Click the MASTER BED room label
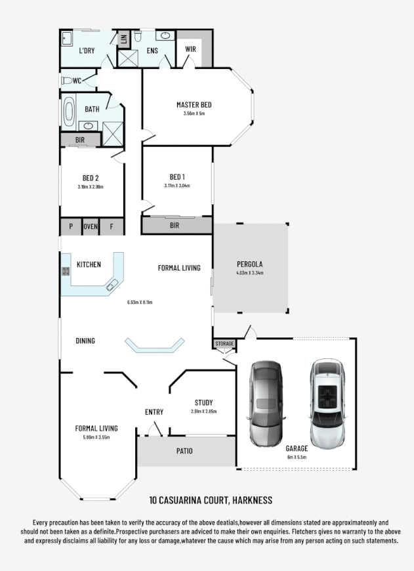pyautogui.click(x=194, y=105)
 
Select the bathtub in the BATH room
pyautogui.click(x=69, y=112)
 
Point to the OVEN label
pyautogui.click(x=90, y=226)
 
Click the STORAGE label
pyautogui.click(x=224, y=344)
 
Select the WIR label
pyautogui.click(x=191, y=50)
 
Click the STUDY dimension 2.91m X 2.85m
pyautogui.click(x=203, y=412)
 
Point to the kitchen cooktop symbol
pyautogui.click(x=66, y=270)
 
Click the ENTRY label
pyautogui.click(x=154, y=412)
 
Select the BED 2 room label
pyautogui.click(x=91, y=178)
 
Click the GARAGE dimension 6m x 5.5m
pyautogui.click(x=297, y=457)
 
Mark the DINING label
pyautogui.click(x=85, y=341)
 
